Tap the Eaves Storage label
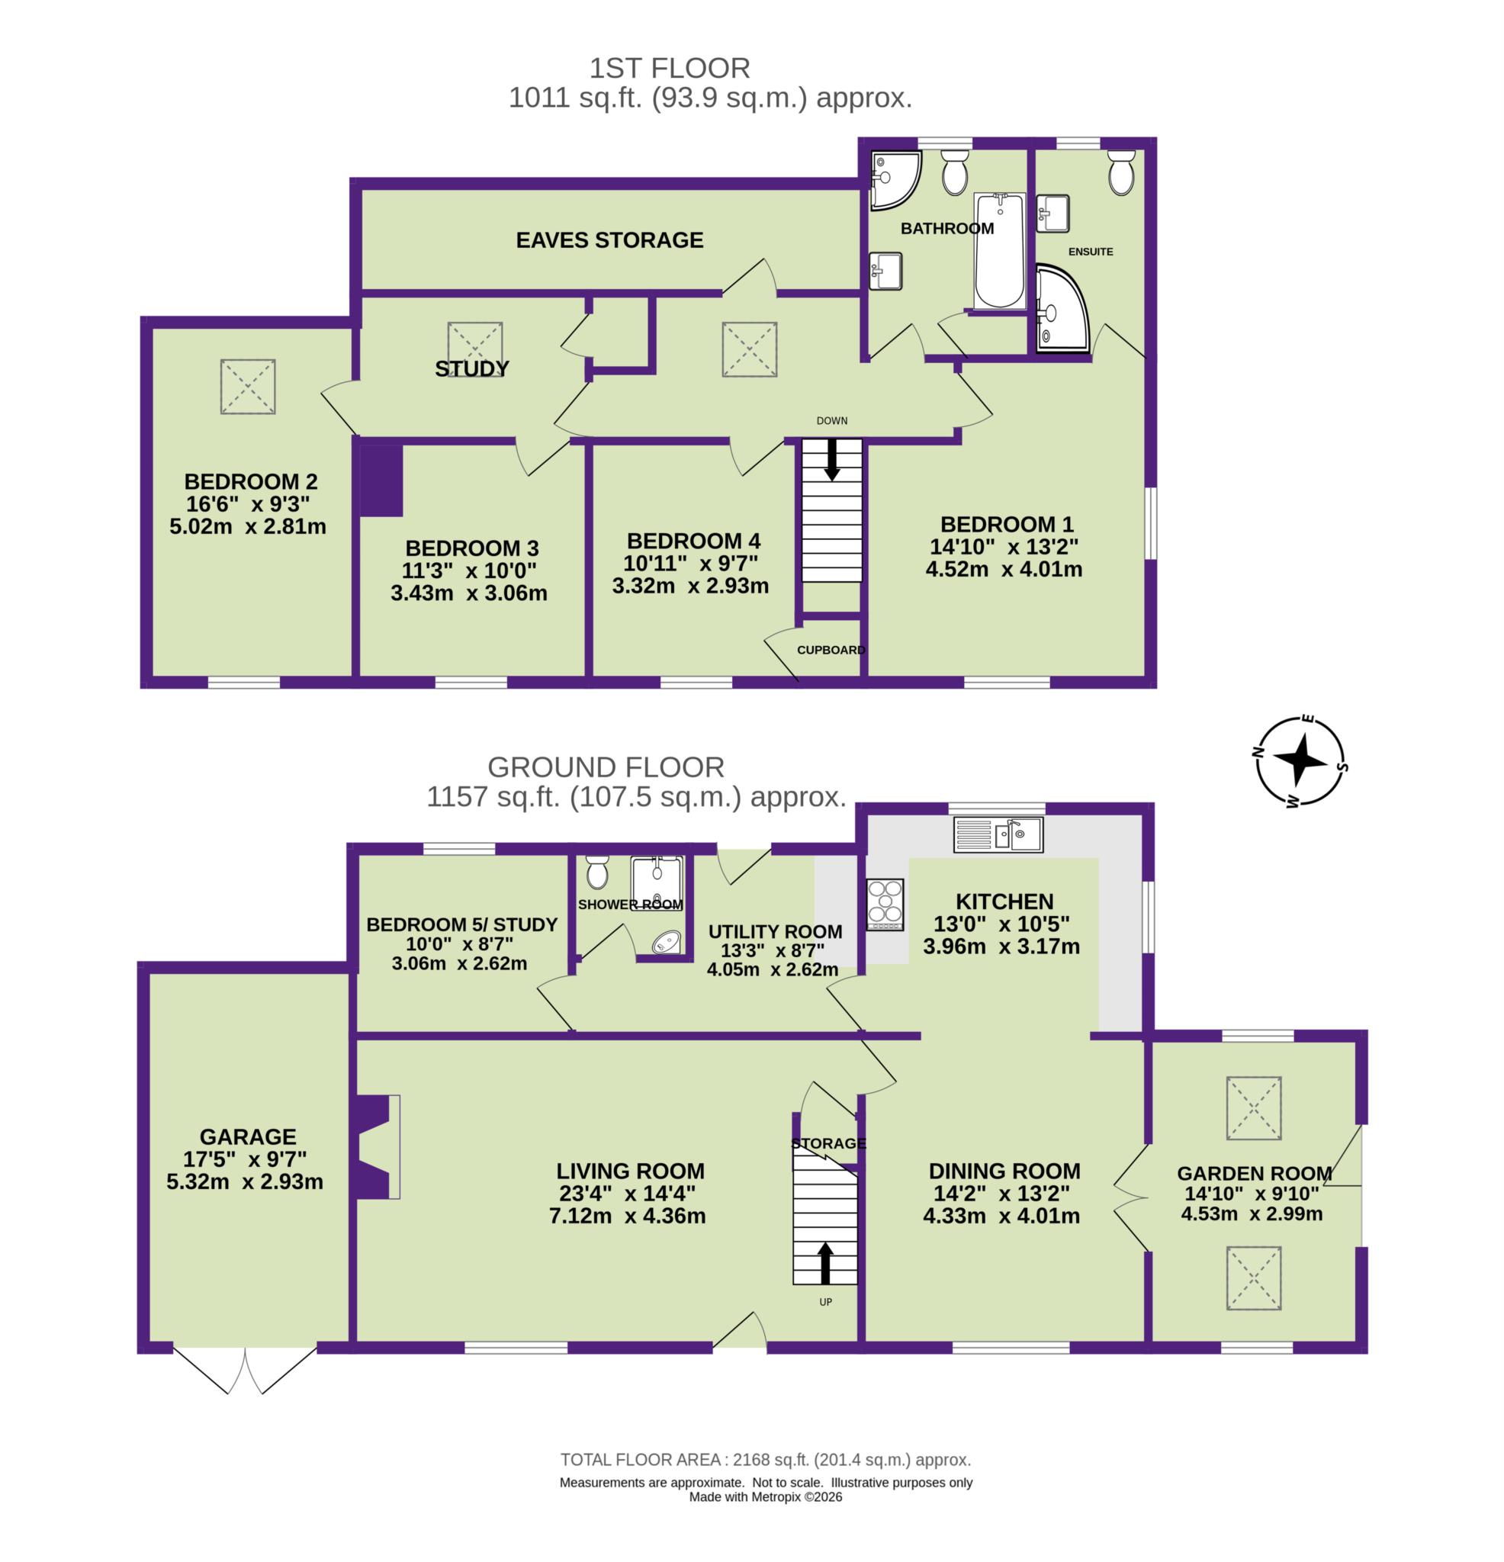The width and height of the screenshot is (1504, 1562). click(x=609, y=240)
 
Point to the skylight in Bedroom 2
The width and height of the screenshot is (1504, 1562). click(x=248, y=387)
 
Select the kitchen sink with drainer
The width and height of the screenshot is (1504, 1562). click(x=998, y=834)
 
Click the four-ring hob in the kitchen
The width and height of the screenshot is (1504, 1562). click(x=885, y=904)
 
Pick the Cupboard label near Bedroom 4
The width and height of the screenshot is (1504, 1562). click(x=831, y=650)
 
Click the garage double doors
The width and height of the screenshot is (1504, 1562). click(x=246, y=1369)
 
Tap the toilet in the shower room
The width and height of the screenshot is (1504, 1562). click(x=596, y=872)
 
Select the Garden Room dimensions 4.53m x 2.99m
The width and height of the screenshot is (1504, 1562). click(x=1251, y=1213)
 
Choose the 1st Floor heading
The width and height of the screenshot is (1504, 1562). click(x=670, y=69)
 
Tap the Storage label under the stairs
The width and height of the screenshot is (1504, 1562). click(x=828, y=1143)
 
